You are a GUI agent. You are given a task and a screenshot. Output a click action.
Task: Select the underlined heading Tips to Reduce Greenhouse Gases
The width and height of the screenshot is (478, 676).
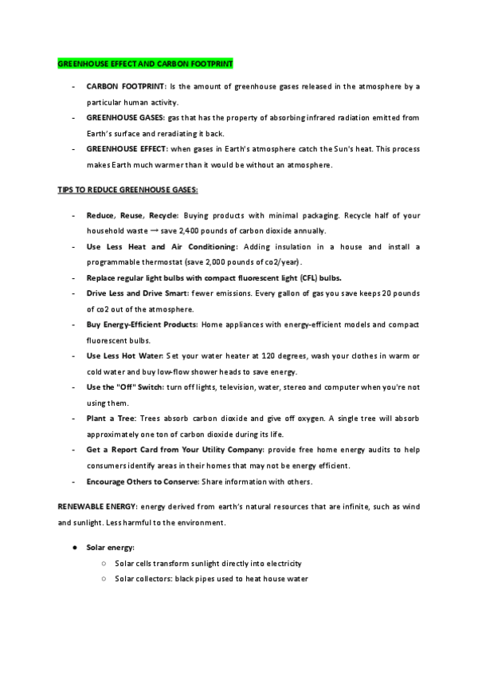point(127,191)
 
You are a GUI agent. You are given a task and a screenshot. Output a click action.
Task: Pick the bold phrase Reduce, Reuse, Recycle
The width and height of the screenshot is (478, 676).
point(132,215)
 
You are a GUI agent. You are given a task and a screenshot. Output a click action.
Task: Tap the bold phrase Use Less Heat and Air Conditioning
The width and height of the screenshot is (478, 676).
point(162,246)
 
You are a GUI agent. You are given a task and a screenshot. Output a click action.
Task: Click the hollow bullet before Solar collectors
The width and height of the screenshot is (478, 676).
point(104,579)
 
